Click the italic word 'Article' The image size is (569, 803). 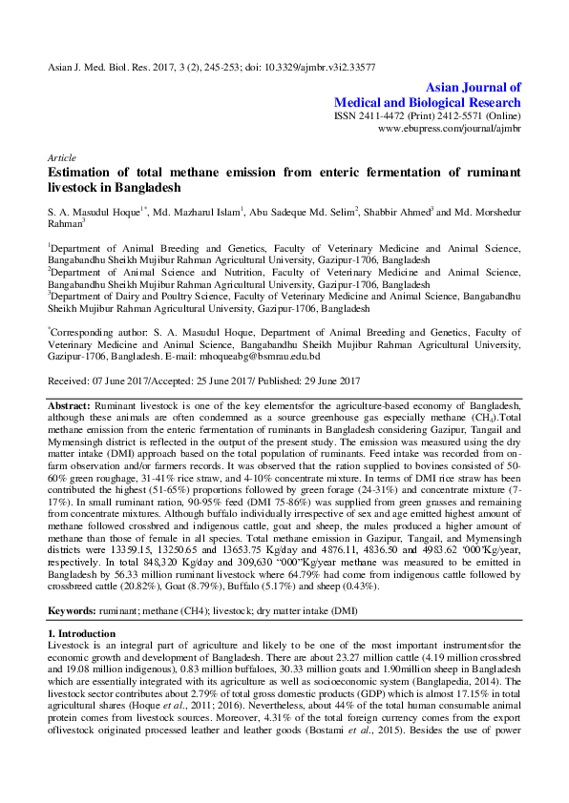click(x=62, y=156)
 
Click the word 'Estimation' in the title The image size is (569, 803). click(x=84, y=173)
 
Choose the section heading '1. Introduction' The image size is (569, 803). click(x=83, y=633)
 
